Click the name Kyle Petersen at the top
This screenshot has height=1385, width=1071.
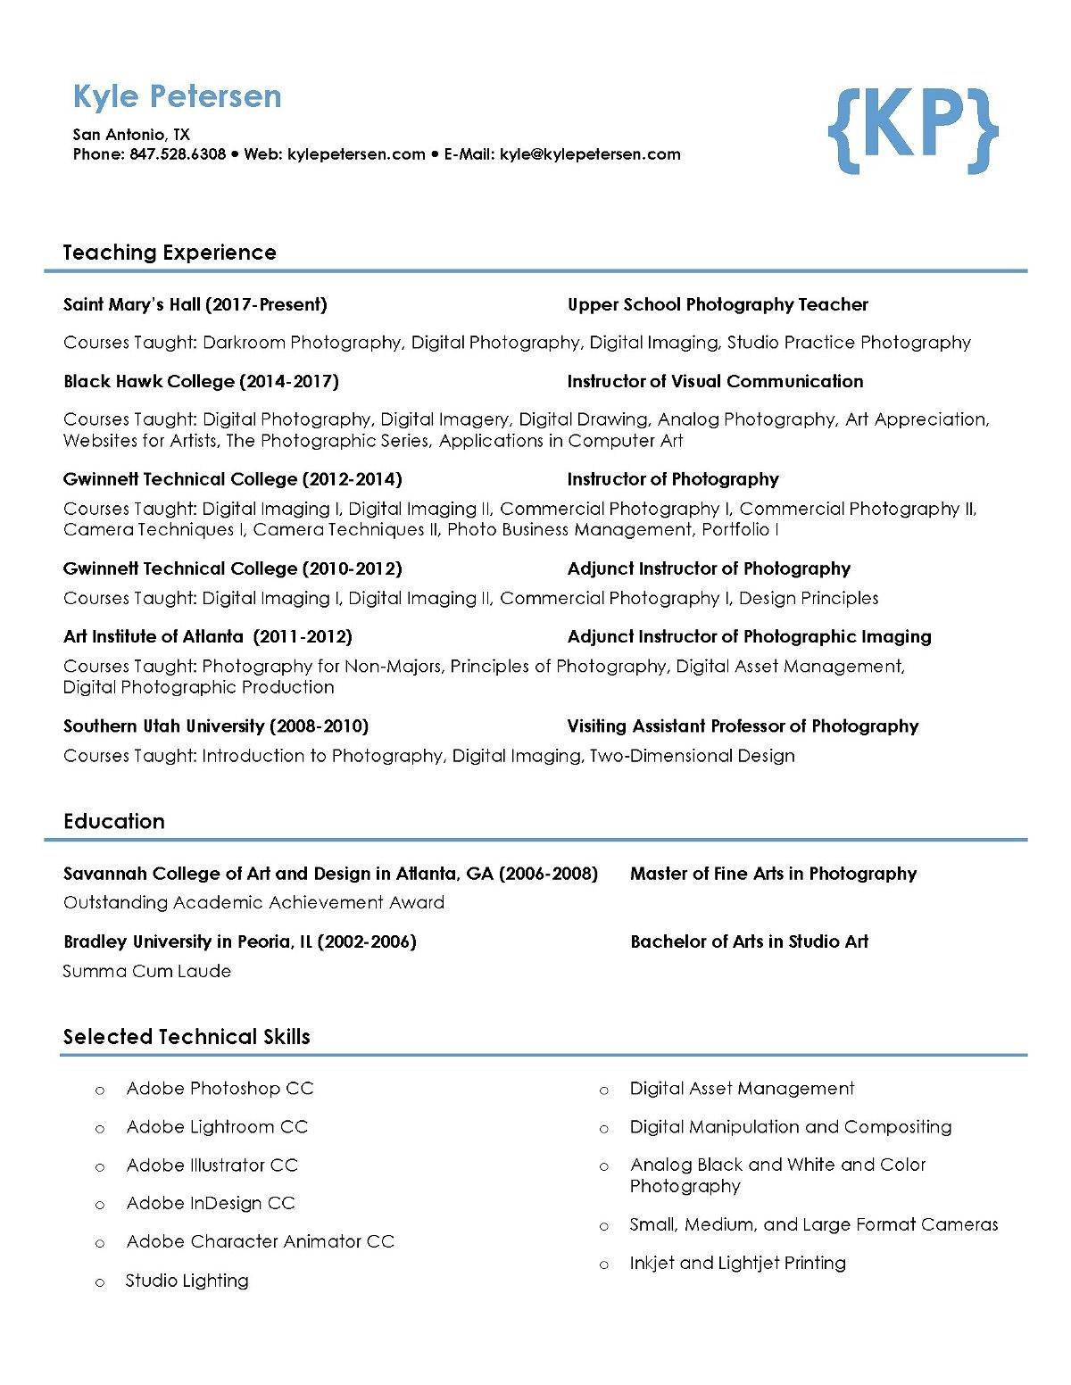177,96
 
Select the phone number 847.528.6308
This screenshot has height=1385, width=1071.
178,154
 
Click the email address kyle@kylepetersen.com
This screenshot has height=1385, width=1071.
590,154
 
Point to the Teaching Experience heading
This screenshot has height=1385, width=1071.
170,253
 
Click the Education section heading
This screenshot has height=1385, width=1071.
114,822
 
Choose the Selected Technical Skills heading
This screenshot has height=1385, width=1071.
187,1037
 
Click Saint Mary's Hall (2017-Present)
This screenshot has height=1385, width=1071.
195,305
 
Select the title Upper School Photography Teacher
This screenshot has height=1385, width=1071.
718,305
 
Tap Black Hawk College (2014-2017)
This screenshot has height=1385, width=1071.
201,382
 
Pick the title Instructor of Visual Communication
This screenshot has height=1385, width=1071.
715,382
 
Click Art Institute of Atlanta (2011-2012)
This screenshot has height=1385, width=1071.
208,637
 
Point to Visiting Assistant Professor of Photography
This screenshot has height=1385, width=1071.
743,726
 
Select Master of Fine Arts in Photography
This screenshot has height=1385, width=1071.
773,874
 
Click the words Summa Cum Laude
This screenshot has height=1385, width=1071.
147,971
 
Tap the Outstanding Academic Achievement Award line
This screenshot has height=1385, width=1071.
253,902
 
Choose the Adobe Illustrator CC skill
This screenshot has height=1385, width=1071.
212,1165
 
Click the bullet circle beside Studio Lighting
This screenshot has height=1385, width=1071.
100,1282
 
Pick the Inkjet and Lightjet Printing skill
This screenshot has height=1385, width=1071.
737,1263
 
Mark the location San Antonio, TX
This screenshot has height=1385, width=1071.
131,135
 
